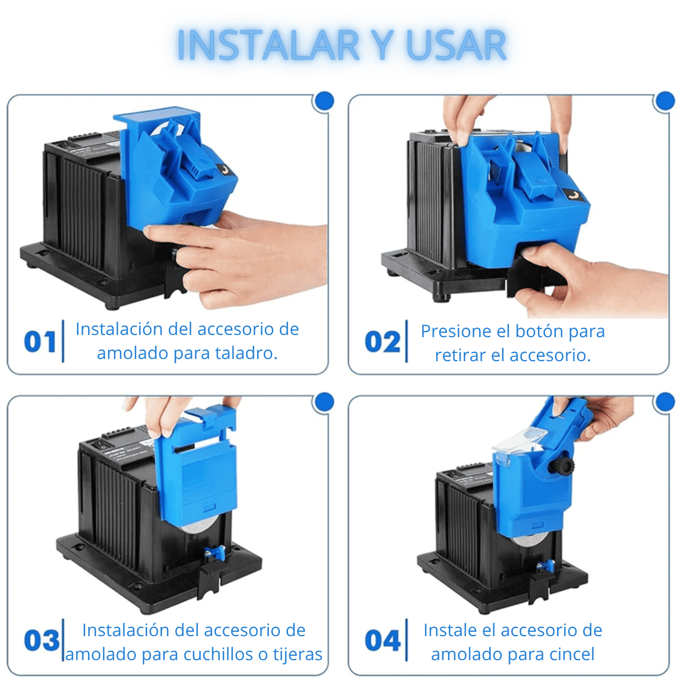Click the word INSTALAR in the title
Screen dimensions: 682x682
[x=268, y=45]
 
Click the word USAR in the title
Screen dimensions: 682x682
[x=457, y=45]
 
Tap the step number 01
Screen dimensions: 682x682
[x=40, y=342]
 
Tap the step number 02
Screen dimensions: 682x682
[x=382, y=342]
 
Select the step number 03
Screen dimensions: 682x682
[x=42, y=640]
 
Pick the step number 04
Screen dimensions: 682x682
[x=383, y=640]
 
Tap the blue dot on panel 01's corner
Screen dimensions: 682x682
[x=324, y=101]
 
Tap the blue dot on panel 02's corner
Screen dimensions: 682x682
[x=665, y=101]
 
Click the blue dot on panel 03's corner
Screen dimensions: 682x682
[x=324, y=402]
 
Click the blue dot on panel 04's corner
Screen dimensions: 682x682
[x=665, y=402]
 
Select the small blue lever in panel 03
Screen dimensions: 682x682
[x=216, y=553]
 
